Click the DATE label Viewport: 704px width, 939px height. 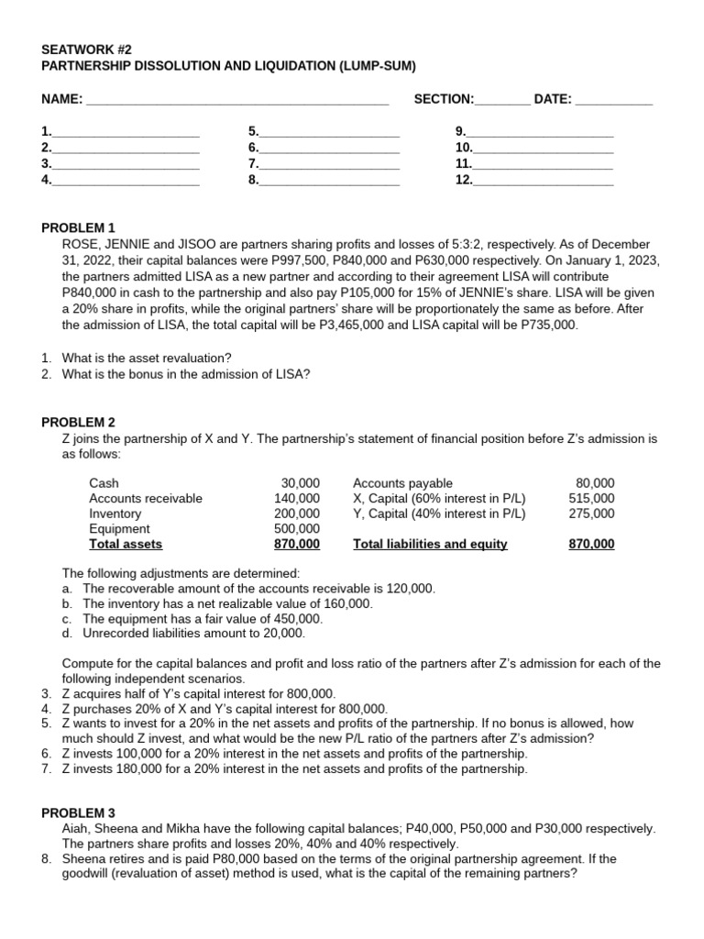(552, 98)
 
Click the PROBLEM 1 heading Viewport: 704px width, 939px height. (79, 227)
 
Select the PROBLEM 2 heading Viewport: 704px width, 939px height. (79, 422)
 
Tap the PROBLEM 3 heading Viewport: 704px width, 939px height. (79, 812)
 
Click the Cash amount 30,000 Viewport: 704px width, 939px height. (301, 483)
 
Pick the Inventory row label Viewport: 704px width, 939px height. (115, 514)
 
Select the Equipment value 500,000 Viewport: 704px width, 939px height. (297, 529)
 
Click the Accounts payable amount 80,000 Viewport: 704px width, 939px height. (595, 483)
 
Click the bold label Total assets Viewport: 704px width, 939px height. (126, 545)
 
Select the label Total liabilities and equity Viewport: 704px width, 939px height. (430, 545)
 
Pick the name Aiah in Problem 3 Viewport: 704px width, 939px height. (76, 829)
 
